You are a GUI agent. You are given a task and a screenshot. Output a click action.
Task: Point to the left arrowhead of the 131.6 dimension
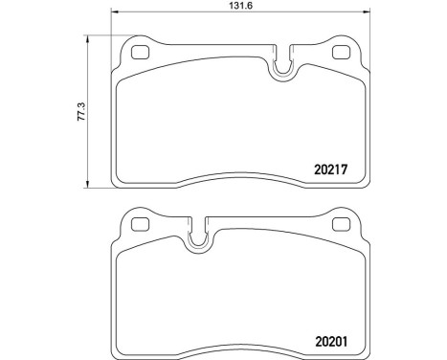pyautogui.click(x=115, y=13)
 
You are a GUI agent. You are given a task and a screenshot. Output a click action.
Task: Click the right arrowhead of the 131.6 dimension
pyautogui.click(x=367, y=13)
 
